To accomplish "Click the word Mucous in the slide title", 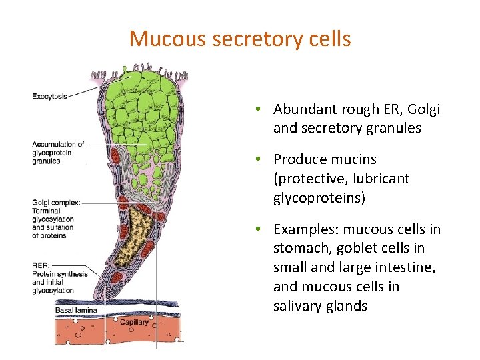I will coord(167,39).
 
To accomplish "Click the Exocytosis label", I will coord(49,97).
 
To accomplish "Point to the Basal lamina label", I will coord(75,310).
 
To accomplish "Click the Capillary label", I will coord(134,323).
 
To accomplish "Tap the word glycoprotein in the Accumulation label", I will coord(52,153).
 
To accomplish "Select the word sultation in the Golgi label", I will coord(59,227).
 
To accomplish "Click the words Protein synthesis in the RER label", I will coord(60,273).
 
